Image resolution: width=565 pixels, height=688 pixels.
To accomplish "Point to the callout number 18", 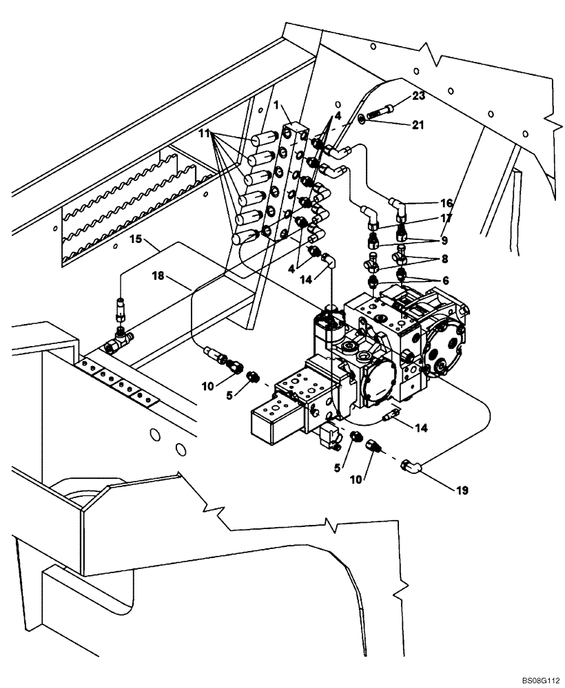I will (x=158, y=277).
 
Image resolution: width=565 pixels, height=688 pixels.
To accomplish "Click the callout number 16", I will (x=446, y=204).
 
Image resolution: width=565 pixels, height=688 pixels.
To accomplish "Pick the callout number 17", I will (x=446, y=219).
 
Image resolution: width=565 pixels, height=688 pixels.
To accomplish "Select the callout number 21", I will (x=418, y=125).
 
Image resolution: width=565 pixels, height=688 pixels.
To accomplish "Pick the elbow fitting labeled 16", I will (x=398, y=204).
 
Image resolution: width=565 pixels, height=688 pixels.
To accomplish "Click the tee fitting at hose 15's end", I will (x=120, y=336).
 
